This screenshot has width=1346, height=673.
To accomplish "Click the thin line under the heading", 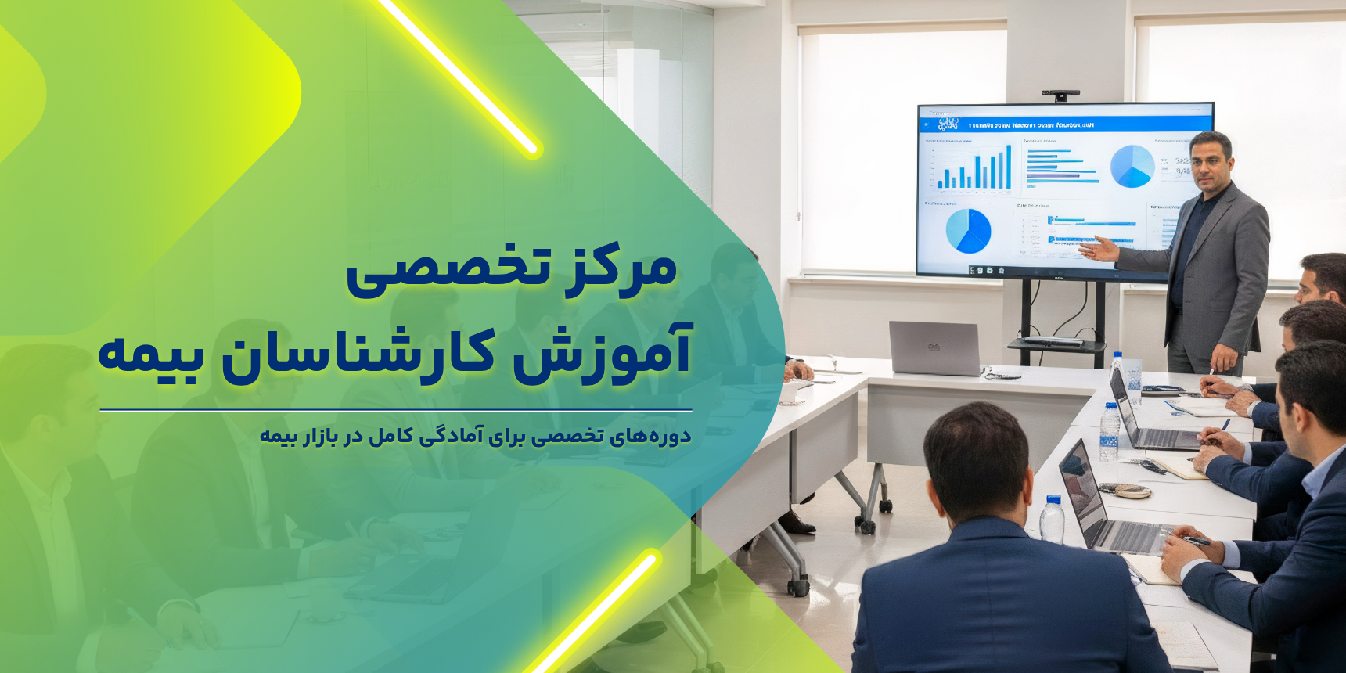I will [x=395, y=410].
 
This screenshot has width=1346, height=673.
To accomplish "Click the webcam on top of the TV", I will [x=1060, y=95].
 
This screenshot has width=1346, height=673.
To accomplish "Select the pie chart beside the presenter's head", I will [x=1132, y=166].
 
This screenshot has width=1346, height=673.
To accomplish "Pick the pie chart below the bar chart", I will [x=968, y=230].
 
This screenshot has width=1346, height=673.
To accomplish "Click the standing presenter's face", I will [x=1209, y=161].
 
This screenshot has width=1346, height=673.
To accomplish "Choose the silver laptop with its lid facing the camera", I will [x=934, y=347].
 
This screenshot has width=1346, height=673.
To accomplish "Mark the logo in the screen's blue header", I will [x=947, y=124].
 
